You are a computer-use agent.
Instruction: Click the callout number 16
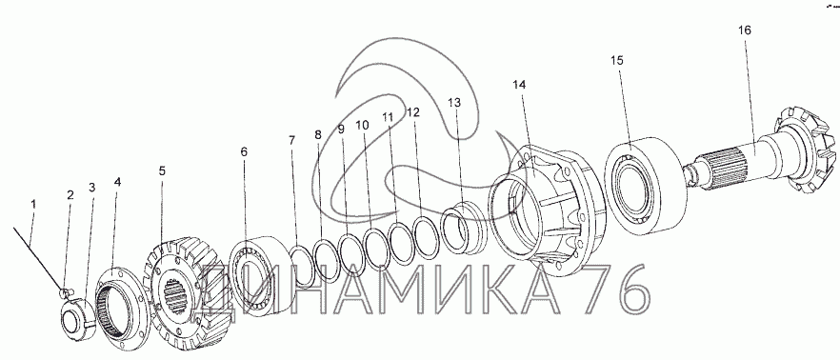tap(745, 30)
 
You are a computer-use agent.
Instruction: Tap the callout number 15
tap(617, 61)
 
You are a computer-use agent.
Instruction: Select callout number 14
tap(520, 85)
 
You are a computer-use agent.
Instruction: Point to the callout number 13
tap(453, 103)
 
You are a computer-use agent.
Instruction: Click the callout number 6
tap(244, 152)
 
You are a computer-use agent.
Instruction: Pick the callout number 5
tap(162, 170)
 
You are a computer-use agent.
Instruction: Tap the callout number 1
tap(33, 204)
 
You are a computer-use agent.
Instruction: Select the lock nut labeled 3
tap(77, 320)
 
